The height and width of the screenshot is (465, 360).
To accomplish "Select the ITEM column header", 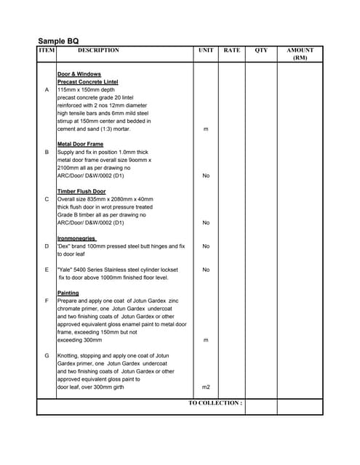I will [x=47, y=51].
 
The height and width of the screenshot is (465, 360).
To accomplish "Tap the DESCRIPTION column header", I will [x=98, y=51].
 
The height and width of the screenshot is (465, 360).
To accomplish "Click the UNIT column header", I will [x=206, y=51].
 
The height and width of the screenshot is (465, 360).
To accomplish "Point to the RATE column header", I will [x=232, y=51].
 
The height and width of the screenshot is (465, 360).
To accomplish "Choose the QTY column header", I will [x=261, y=51].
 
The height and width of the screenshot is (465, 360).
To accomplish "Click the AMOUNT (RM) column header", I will [x=300, y=54].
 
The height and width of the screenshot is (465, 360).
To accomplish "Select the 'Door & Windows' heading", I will [x=79, y=74].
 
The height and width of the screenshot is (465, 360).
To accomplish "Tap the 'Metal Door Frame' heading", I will [x=80, y=144].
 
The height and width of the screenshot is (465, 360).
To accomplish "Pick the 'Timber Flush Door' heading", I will [x=81, y=191].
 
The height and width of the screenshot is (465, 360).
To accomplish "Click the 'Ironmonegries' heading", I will [x=77, y=238].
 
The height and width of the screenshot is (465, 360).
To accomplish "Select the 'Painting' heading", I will [x=68, y=293].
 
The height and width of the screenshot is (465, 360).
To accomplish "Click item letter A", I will [x=47, y=90].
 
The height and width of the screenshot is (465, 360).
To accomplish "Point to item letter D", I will [x=47, y=246].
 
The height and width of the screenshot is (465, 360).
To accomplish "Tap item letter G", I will [x=47, y=356].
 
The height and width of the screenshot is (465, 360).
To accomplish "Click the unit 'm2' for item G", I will [x=206, y=387].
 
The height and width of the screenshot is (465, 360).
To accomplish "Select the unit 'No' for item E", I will [x=206, y=270].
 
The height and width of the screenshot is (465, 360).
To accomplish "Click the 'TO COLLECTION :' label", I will [x=215, y=403].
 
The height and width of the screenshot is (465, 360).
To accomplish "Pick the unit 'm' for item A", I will [x=206, y=129].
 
